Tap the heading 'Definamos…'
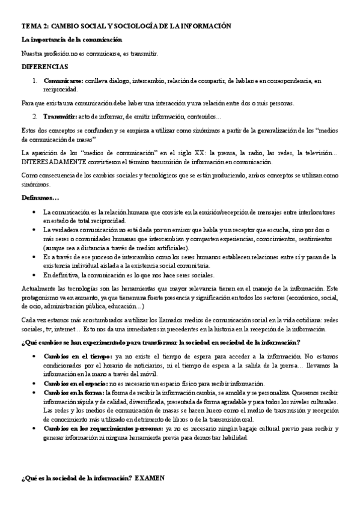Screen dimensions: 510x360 [x=40, y=198]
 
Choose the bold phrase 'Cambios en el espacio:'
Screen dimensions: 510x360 [x=75, y=384]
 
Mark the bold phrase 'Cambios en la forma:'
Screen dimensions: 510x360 [x=73, y=393]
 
